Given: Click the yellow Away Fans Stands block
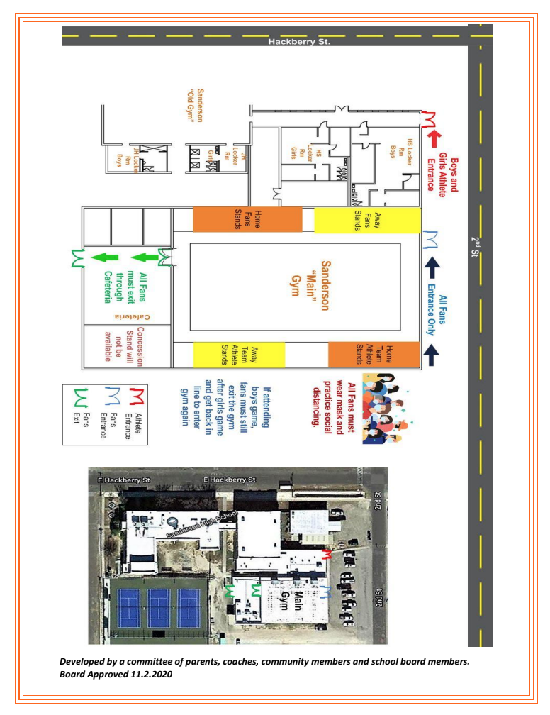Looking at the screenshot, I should click(x=367, y=219).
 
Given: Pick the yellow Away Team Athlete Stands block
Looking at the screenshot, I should click(x=238, y=354).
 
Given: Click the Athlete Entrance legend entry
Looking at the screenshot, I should click(x=133, y=411).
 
